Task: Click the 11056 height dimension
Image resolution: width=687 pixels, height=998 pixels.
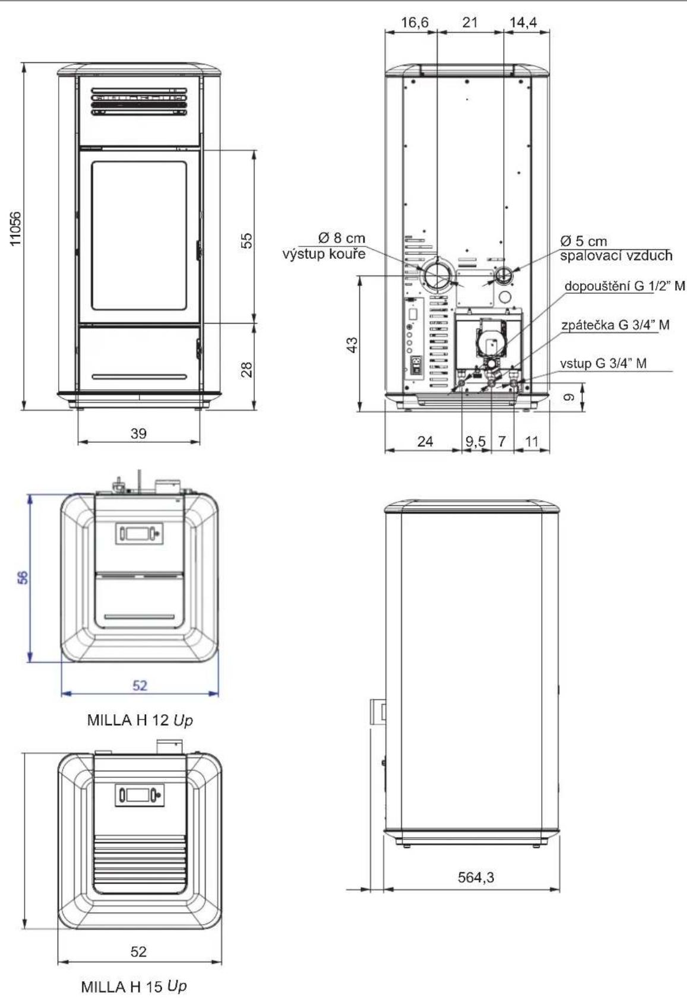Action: click(x=15, y=227)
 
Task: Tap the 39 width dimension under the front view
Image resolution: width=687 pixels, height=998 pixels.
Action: click(x=138, y=433)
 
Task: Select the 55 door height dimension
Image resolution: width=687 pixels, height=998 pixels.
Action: click(x=246, y=240)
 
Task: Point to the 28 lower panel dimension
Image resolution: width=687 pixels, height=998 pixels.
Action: click(x=246, y=369)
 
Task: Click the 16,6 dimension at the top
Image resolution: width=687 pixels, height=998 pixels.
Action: click(x=415, y=23)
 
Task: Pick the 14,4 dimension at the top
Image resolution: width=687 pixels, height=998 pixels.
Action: click(x=524, y=23)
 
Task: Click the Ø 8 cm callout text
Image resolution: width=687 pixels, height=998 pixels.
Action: click(x=341, y=238)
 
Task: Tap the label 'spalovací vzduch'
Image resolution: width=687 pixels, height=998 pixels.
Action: click(x=616, y=255)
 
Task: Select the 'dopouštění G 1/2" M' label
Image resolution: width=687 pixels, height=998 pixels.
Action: click(x=625, y=286)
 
